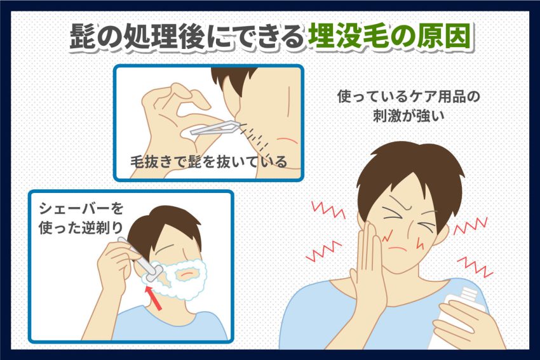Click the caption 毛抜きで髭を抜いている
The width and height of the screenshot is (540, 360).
(x=208, y=161)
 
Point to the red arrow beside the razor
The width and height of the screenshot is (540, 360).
(x=153, y=298)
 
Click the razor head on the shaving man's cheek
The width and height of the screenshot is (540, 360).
(x=153, y=272)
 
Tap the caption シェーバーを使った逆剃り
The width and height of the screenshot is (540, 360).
(x=81, y=218)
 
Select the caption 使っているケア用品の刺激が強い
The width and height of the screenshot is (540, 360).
(x=408, y=106)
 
